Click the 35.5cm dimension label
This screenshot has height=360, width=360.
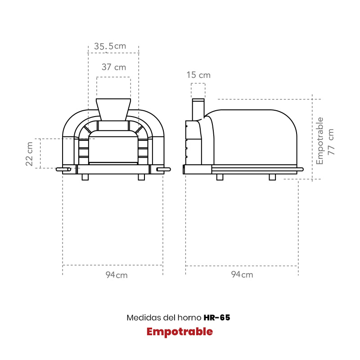pyautogui.click(x=110, y=46)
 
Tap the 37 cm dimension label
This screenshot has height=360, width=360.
pyautogui.click(x=114, y=67)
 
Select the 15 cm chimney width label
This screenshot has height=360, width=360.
pyautogui.click(x=198, y=75)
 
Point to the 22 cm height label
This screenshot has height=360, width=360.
pyautogui.click(x=29, y=154)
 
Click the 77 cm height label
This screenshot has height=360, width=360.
pyautogui.click(x=331, y=142)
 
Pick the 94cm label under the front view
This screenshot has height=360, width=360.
pyautogui.click(x=117, y=275)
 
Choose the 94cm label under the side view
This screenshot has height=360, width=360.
pyautogui.click(x=242, y=274)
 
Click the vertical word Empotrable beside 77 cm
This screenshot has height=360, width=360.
pyautogui.click(x=319, y=141)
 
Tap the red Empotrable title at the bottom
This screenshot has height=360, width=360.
pyautogui.click(x=180, y=332)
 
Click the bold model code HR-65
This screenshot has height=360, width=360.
pyautogui.click(x=217, y=318)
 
